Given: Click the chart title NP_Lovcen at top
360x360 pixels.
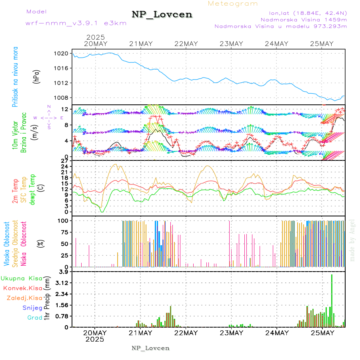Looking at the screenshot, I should [162, 14].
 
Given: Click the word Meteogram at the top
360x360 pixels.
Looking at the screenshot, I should [233, 4].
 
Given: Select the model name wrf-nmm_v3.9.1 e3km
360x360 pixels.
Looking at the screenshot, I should [76, 23].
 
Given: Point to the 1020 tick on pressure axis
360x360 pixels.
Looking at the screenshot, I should [62, 53].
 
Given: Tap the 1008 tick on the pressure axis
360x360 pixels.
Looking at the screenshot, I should [62, 98].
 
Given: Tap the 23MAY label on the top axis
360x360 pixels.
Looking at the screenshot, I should [231, 44].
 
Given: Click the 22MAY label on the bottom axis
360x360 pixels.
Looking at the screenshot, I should [186, 333].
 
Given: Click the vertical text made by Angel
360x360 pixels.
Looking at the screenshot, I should [352, 240].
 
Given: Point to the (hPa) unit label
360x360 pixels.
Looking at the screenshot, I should [37, 76].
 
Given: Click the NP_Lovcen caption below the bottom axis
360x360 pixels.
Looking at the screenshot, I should [150, 348].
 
